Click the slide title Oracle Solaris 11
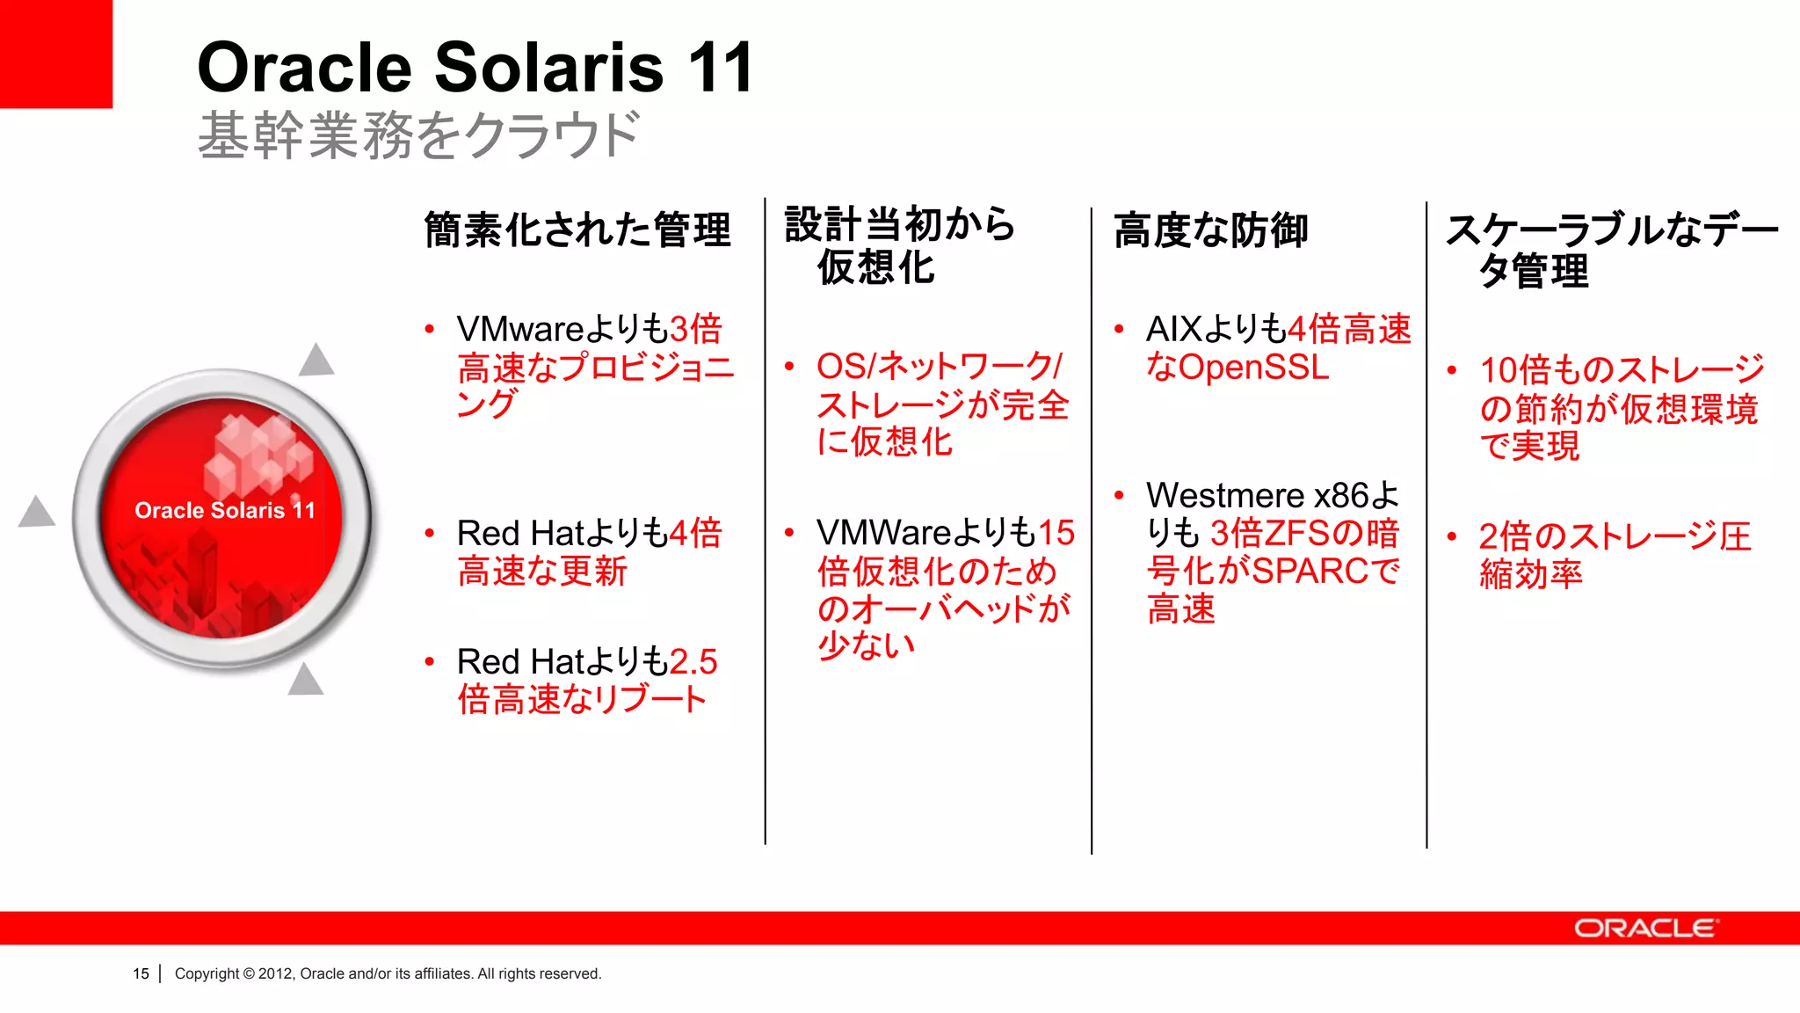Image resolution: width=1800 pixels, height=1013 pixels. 475,68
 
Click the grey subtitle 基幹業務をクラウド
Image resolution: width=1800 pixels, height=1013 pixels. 418,136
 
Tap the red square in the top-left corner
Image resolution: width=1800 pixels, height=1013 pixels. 55,53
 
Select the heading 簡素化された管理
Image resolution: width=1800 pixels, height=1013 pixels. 577,230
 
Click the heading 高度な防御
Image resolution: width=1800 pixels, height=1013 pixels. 1210,230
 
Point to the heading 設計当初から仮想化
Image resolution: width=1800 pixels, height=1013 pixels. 898,245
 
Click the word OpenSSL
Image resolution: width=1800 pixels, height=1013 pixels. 1253,368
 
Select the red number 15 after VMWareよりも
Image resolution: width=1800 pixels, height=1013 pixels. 1056,533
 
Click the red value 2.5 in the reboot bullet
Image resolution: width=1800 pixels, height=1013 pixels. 693,662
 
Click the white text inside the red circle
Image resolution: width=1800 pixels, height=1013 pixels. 225,511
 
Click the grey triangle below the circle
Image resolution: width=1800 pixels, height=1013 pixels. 305,681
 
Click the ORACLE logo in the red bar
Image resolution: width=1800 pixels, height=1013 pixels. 1644,929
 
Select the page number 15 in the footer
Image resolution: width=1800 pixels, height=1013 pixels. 141,974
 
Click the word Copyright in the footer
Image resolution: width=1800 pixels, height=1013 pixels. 207,974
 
